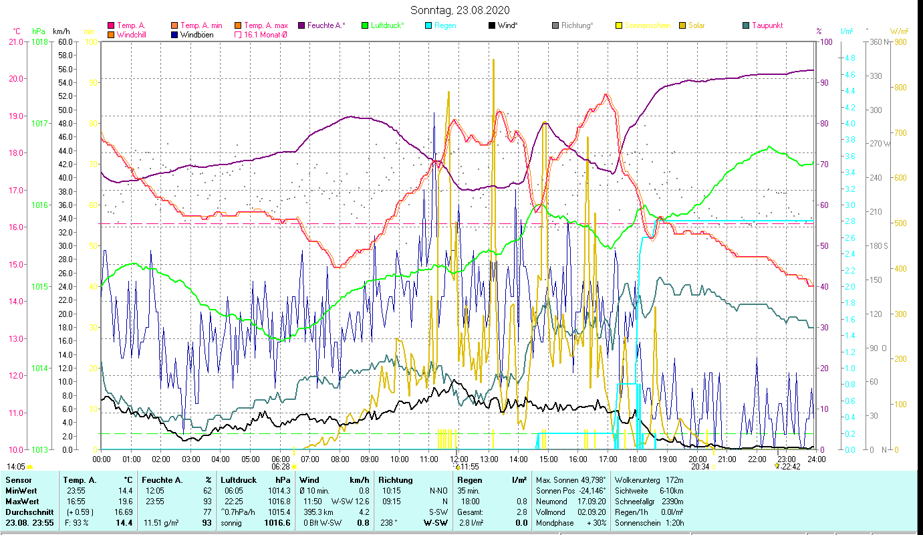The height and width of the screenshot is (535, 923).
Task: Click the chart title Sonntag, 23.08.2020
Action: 460,10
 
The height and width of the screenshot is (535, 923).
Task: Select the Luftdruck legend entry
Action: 387,25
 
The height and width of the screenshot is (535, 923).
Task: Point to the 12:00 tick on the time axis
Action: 459,459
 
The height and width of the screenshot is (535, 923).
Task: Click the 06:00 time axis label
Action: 280,459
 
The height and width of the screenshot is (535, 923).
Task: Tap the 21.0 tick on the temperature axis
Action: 15,41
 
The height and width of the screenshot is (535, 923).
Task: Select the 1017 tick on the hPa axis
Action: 39,123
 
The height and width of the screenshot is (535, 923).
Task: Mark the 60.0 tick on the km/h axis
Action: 65,41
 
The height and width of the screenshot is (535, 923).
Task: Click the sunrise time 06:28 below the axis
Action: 281,467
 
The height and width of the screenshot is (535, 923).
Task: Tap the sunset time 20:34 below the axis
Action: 700,467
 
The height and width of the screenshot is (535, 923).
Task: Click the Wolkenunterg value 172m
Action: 675,480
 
